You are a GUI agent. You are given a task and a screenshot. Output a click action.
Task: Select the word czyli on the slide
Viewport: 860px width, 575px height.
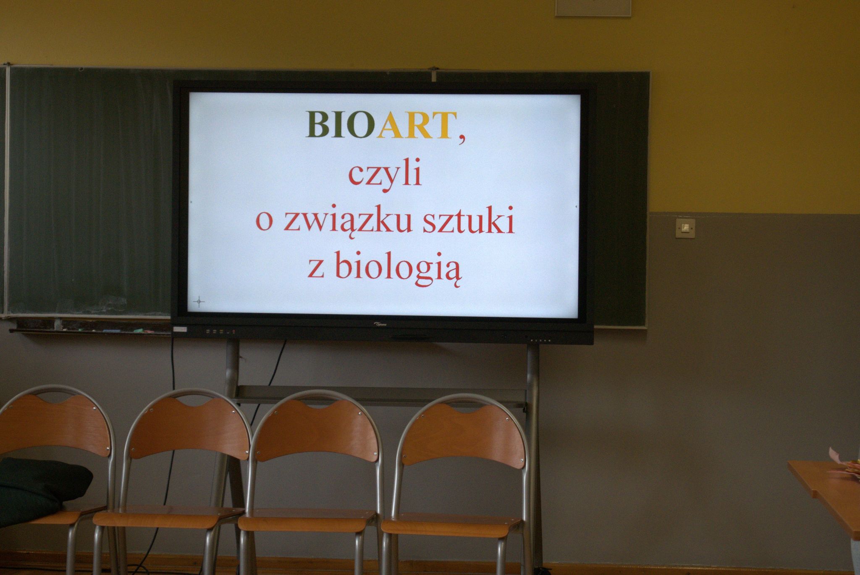pos(385,176)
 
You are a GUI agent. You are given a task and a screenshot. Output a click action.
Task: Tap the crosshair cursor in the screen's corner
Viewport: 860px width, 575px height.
pos(199,301)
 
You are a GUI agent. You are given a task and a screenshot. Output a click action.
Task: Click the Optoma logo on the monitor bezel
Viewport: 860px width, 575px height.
pos(381,324)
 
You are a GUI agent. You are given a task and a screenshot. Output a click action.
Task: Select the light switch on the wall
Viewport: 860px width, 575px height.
pos(685,228)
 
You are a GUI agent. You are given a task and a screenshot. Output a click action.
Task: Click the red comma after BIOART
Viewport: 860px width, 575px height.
pos(462,139)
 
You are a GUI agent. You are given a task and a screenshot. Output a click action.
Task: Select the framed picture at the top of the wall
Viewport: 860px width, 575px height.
pos(593,8)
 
